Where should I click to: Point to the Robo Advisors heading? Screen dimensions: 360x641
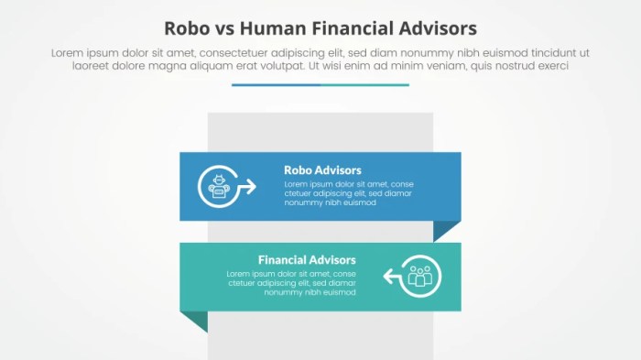[x=322, y=170]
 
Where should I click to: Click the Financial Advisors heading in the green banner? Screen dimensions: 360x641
[x=307, y=260]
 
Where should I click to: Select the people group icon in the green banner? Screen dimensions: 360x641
[x=421, y=276]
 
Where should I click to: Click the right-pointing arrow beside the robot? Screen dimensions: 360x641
[x=246, y=188]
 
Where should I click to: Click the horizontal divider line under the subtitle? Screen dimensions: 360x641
[x=320, y=85]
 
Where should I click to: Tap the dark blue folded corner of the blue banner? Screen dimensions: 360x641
[x=446, y=230]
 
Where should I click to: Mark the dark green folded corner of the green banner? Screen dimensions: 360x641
[x=194, y=320]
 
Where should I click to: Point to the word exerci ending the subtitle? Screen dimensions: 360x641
[x=552, y=67]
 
